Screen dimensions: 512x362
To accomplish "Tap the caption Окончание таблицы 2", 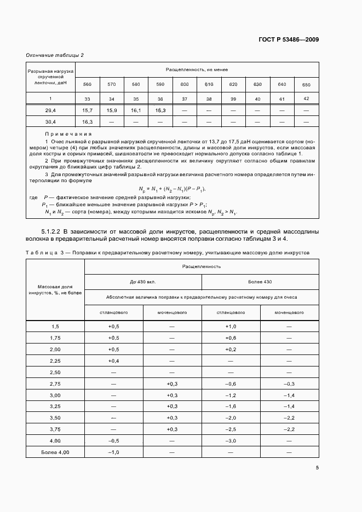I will click(x=55, y=55).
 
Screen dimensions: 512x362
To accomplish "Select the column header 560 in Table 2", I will click(x=87, y=84).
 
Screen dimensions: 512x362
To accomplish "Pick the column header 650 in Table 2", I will click(x=306, y=84).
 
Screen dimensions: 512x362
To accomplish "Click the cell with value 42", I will click(x=306, y=98).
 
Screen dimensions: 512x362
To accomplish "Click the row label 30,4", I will click(x=50, y=121).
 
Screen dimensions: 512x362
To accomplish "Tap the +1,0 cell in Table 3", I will click(x=231, y=326).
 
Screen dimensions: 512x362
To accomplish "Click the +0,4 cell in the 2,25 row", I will click(x=113, y=361).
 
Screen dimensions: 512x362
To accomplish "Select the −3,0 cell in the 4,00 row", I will click(x=231, y=440).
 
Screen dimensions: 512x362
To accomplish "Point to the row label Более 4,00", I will click(x=55, y=452).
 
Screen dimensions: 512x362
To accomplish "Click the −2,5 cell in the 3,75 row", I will click(x=231, y=429).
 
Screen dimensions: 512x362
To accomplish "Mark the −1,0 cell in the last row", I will click(x=113, y=452).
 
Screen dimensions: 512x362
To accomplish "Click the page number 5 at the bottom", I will click(x=317, y=468).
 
